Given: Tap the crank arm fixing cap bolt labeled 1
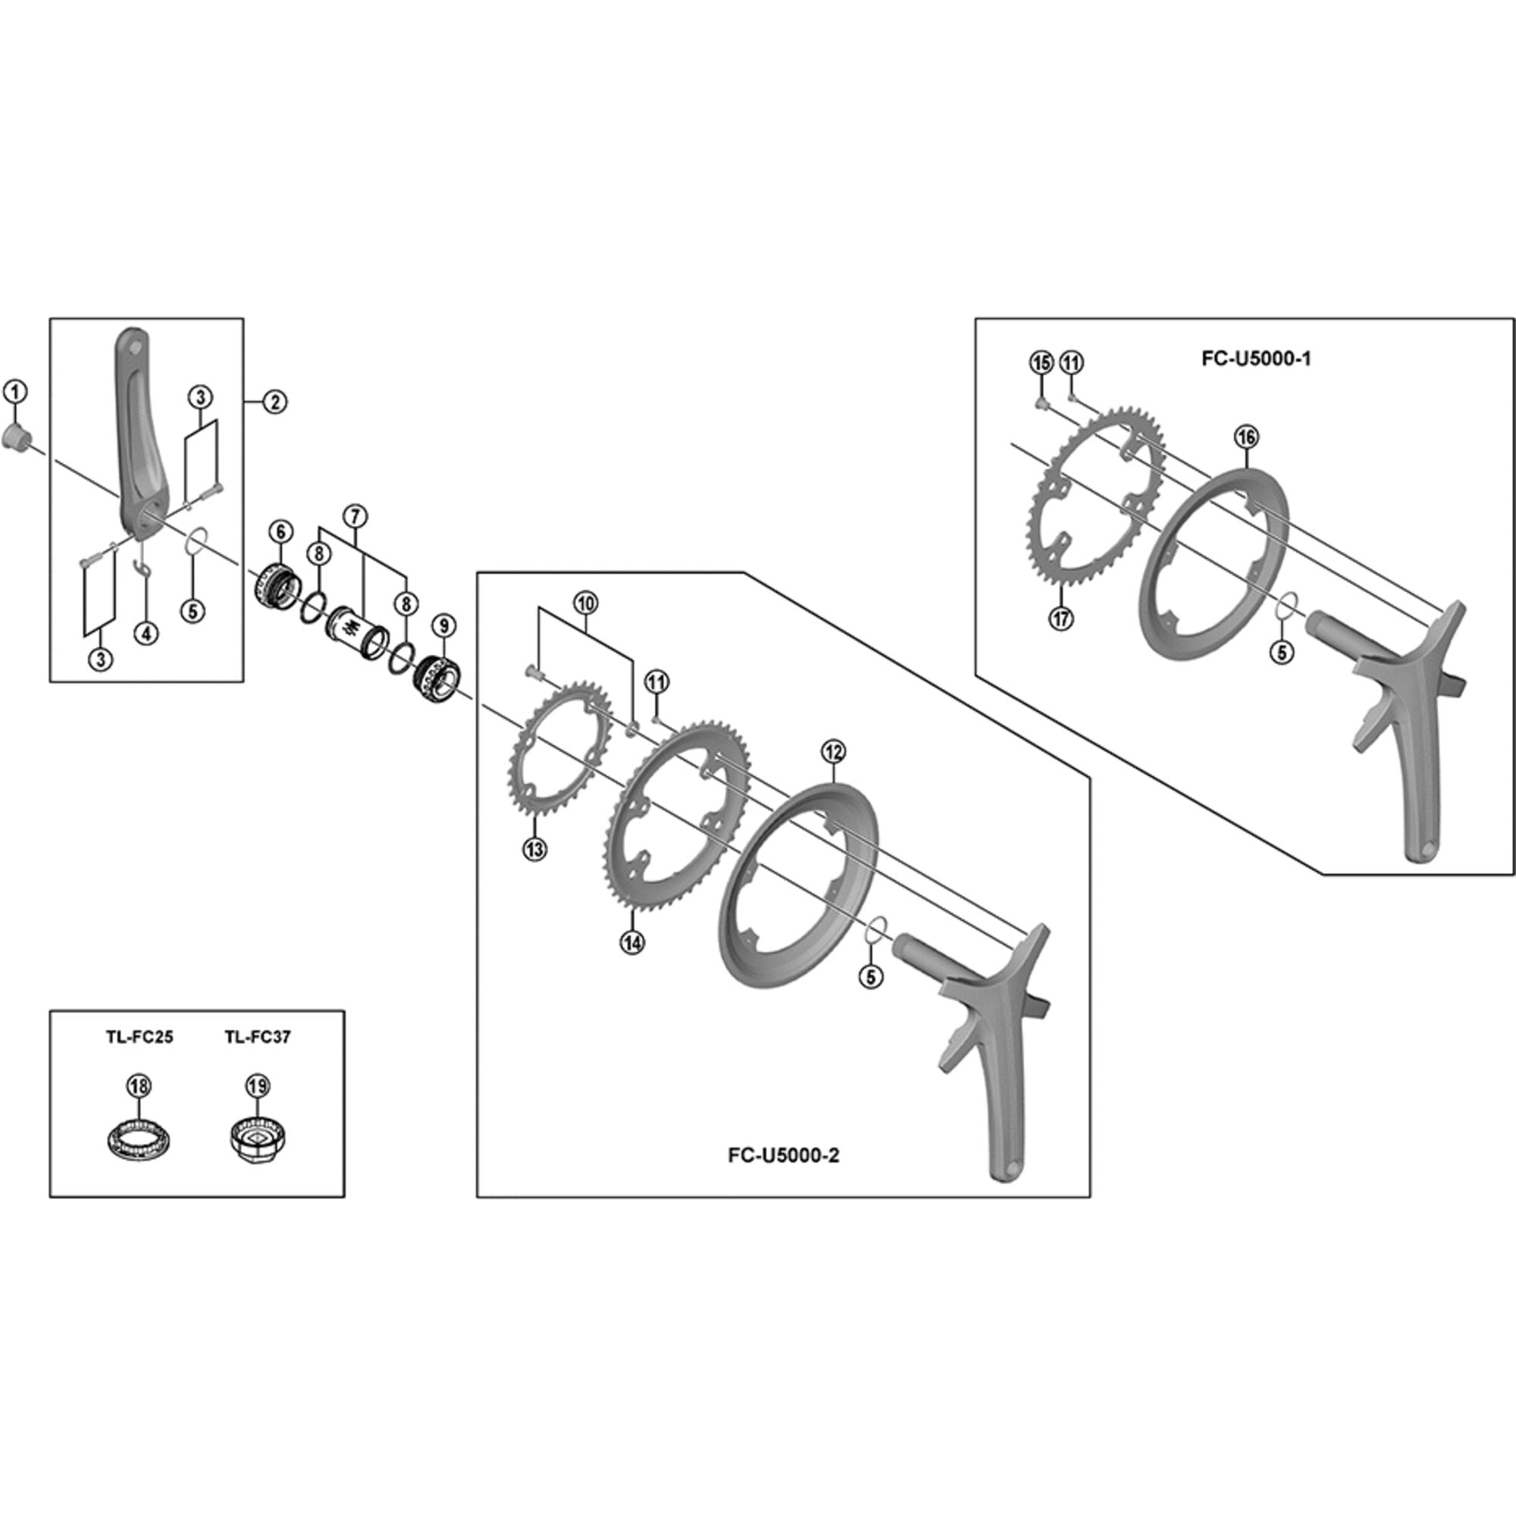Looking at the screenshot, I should pos(15,437).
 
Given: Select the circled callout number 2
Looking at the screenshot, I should pos(274,402).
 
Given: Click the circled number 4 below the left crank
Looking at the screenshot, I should pos(146,633).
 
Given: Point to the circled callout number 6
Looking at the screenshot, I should pos(280,531).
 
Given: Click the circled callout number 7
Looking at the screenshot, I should pos(355,516).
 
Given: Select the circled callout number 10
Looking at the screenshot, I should pos(585,603).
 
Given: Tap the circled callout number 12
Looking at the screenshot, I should pos(832,752).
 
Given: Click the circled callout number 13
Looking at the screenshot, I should pos(535,849).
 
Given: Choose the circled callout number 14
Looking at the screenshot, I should pos(631,942).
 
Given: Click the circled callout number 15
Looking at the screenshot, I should pos(1041,363).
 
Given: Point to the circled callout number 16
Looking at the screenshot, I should pos(1246,437).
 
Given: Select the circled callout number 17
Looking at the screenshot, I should pos(1061,619).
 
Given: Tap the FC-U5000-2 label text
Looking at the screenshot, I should pos(783,1156).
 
